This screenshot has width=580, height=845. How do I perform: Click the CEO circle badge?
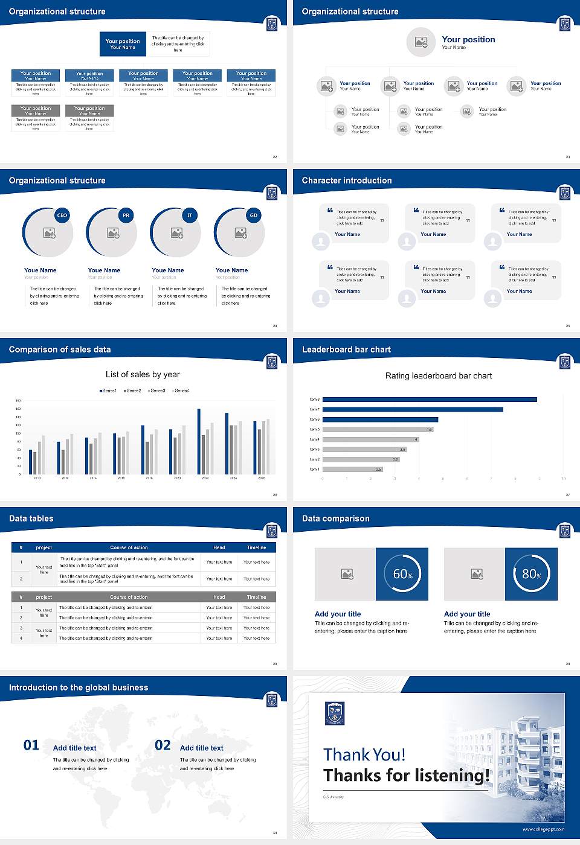(x=62, y=215)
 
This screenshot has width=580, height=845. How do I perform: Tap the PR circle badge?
(x=126, y=215)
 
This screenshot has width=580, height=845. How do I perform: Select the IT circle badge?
(x=190, y=215)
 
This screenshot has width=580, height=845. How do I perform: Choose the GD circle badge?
(x=254, y=215)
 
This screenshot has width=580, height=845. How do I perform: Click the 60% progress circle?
(x=402, y=574)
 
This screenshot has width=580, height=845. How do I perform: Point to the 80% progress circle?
(x=531, y=574)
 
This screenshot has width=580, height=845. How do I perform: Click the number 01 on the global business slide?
(x=31, y=745)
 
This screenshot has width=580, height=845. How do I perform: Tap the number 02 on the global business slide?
(x=163, y=745)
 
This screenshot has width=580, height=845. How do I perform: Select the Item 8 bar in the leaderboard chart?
(x=430, y=400)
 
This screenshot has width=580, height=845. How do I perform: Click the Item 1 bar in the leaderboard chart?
(x=352, y=469)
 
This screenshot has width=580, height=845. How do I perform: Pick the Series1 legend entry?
(x=108, y=391)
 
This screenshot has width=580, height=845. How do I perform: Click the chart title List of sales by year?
(x=143, y=374)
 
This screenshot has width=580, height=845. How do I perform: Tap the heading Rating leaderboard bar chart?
(x=438, y=375)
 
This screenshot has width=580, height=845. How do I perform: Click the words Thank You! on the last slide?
(x=364, y=754)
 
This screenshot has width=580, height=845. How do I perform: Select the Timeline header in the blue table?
(x=256, y=547)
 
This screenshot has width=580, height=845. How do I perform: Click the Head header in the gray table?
(x=219, y=597)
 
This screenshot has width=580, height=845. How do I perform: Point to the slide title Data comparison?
(x=335, y=518)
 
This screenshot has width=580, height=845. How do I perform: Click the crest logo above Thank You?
(x=335, y=713)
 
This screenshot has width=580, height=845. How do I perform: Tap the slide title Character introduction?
(x=347, y=180)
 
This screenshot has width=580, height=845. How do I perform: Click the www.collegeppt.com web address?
(x=543, y=829)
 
